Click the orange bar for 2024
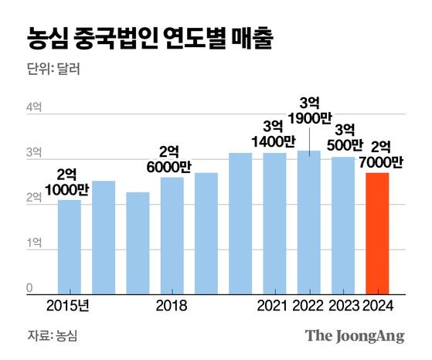[376, 233]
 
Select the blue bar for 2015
[70, 246]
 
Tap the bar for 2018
[172, 236]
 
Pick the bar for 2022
[308, 222]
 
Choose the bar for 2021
[274, 223]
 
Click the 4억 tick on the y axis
[35, 108]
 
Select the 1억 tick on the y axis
[35, 243]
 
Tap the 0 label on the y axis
[32, 288]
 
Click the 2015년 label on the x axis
[68, 306]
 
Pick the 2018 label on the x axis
[172, 306]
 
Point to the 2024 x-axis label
[377, 306]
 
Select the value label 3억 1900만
[309, 111]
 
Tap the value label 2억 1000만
[70, 182]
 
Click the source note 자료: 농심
[53, 336]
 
